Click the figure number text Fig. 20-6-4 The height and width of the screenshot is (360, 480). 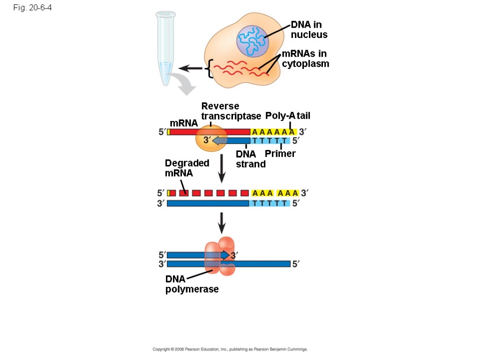tap(31, 7)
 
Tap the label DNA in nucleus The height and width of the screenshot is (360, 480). tap(309, 30)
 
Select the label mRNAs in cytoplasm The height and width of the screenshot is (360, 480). tap(305, 59)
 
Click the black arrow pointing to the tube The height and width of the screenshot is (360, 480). tap(190, 69)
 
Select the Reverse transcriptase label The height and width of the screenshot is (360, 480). tap(230, 111)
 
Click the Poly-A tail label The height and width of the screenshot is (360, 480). tap(288, 116)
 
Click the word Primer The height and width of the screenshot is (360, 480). tap(280, 154)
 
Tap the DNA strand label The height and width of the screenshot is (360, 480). tap(250, 159)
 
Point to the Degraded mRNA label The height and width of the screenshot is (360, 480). tap(187, 168)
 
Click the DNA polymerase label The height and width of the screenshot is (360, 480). tap(192, 284)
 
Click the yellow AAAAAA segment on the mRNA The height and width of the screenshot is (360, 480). tap(273, 132)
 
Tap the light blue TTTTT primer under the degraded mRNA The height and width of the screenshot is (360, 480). tap(269, 203)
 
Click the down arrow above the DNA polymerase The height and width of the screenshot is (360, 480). tap(222, 223)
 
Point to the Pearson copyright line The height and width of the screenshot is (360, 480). tap(230, 350)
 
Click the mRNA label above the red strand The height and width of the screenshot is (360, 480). tap(183, 123)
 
